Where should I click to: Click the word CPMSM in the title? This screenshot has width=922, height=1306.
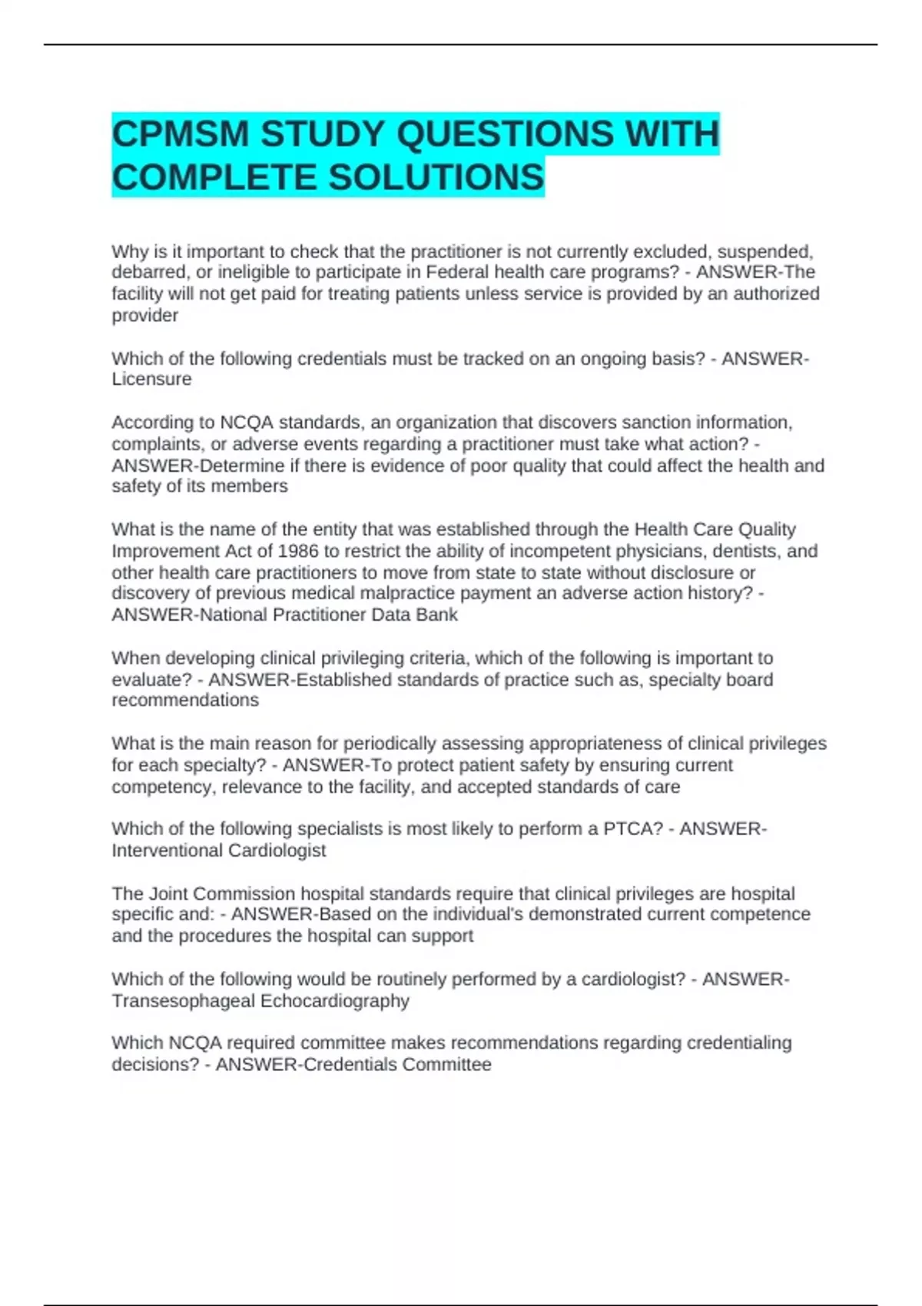181,134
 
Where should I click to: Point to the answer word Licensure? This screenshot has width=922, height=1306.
151,380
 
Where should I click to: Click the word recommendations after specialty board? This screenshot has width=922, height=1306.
185,701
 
